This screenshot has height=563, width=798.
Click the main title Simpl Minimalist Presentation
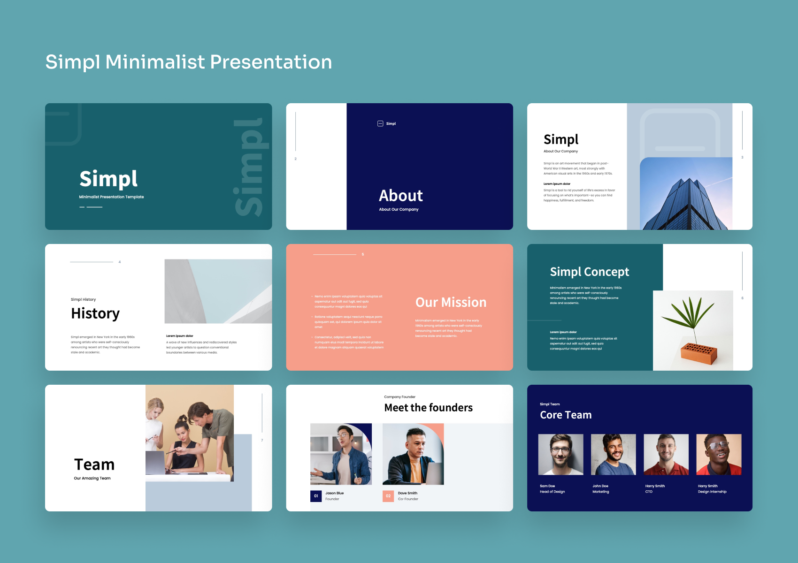188,62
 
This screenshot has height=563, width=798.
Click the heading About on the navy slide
401,196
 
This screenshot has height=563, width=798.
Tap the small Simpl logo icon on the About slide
380,124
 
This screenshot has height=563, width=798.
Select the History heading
95,313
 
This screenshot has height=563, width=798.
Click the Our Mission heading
451,303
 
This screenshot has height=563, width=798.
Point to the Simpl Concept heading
589,272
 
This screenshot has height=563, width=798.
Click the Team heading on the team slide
94,464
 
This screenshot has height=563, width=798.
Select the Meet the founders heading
428,408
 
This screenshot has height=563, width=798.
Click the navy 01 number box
316,496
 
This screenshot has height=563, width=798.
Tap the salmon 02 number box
388,496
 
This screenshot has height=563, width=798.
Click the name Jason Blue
335,493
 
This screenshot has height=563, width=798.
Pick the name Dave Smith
407,493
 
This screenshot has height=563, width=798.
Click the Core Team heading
566,415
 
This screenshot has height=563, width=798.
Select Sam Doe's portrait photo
560,454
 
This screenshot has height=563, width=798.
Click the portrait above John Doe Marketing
613,454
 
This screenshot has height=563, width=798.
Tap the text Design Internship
712,492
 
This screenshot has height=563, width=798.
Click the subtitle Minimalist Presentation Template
111,197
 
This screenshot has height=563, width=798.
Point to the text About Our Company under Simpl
560,152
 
